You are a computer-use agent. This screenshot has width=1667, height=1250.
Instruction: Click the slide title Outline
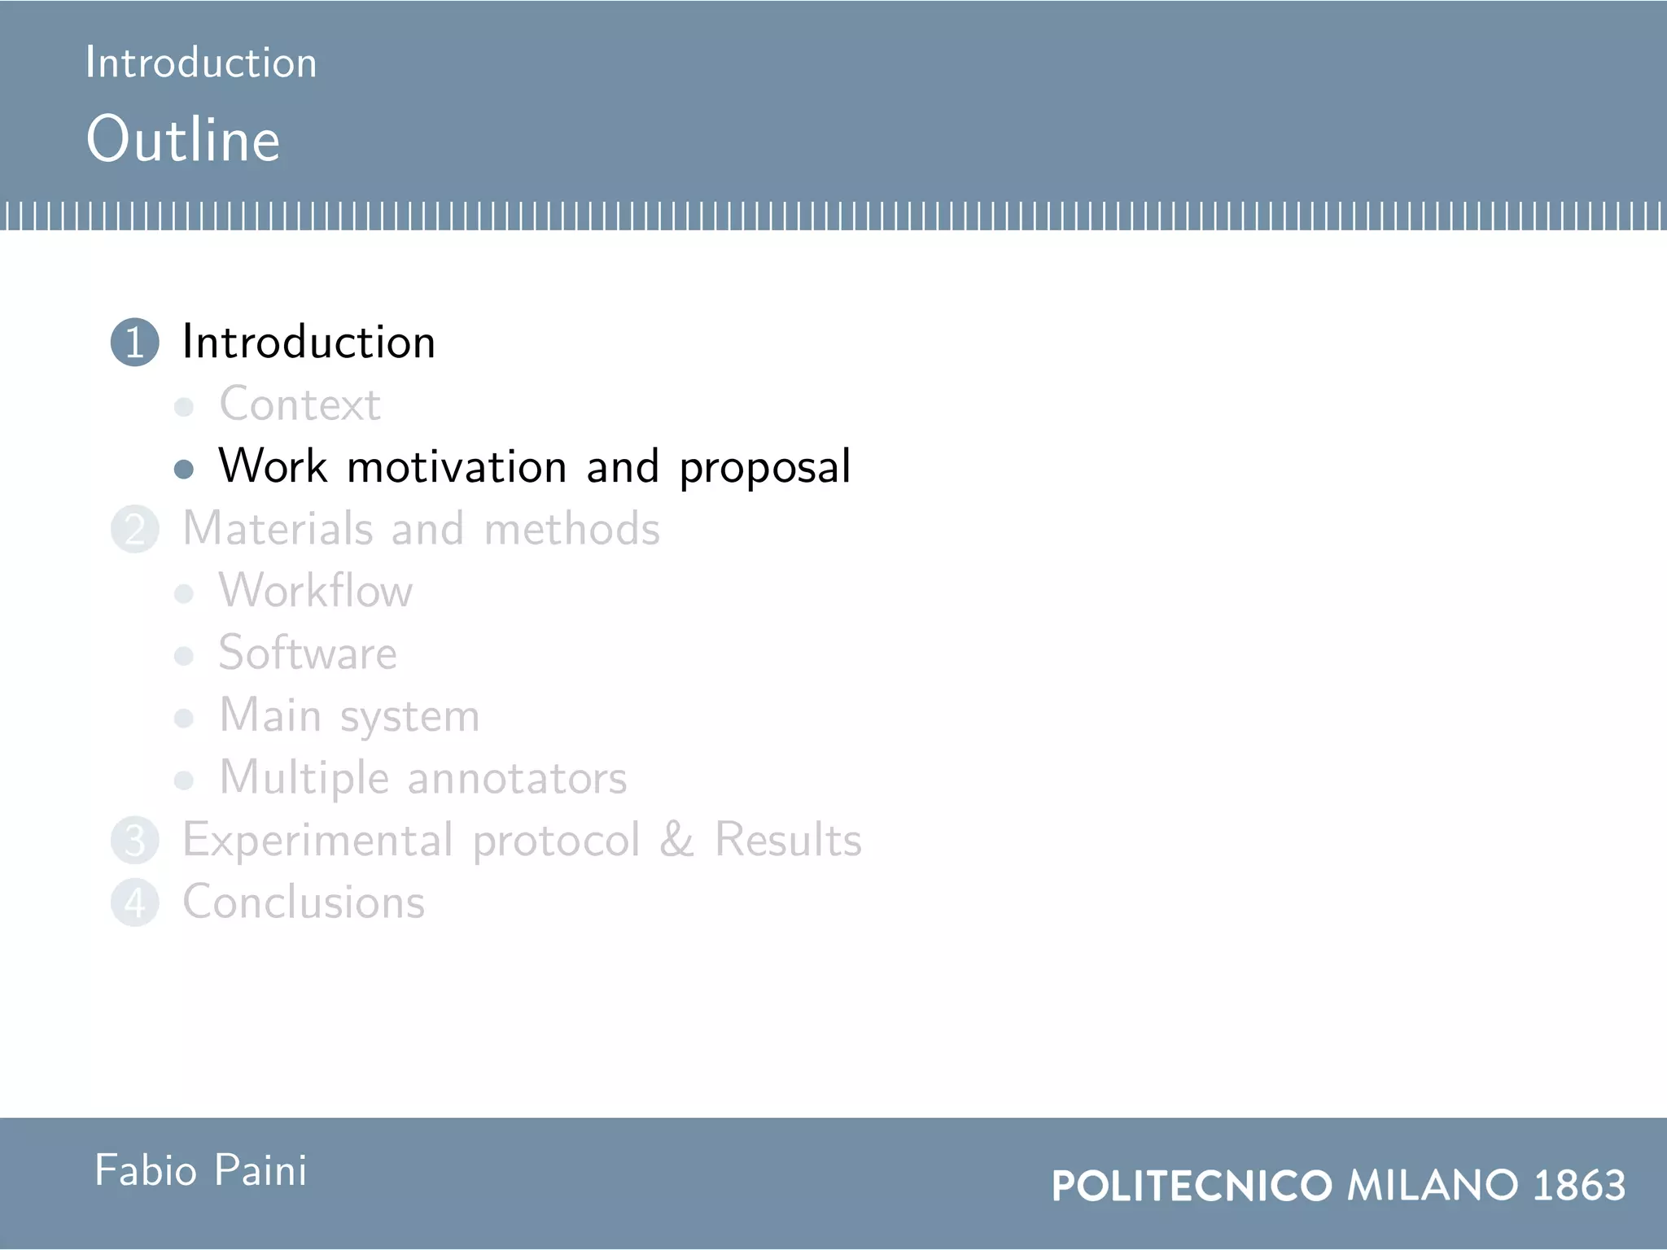(x=183, y=139)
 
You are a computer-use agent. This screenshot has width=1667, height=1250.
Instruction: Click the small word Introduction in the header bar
(x=201, y=63)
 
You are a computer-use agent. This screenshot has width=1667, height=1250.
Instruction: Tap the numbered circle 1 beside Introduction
(x=134, y=342)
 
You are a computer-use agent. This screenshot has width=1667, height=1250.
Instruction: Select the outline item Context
(x=300, y=404)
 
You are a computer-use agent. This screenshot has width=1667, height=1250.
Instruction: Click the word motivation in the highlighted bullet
(x=457, y=466)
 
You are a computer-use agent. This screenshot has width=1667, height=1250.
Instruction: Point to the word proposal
(x=764, y=468)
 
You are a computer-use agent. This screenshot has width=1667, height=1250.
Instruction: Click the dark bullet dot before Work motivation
(x=184, y=469)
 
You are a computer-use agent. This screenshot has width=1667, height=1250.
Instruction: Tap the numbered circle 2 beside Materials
(x=134, y=529)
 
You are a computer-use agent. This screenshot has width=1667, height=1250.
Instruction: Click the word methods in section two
(x=571, y=529)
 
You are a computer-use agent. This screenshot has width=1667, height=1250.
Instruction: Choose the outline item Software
(x=308, y=653)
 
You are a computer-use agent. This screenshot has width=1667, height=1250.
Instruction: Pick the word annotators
(x=517, y=778)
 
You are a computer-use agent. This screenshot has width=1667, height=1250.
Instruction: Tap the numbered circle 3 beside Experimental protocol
(x=134, y=841)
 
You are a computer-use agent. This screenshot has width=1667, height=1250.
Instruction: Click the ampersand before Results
(x=676, y=840)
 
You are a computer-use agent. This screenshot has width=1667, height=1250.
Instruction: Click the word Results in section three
(x=787, y=840)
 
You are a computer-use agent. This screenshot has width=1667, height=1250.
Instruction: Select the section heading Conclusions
(x=304, y=902)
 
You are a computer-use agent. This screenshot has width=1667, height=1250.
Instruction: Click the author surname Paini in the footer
(x=260, y=1171)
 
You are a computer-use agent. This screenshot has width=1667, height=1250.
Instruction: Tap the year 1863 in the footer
(x=1579, y=1185)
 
